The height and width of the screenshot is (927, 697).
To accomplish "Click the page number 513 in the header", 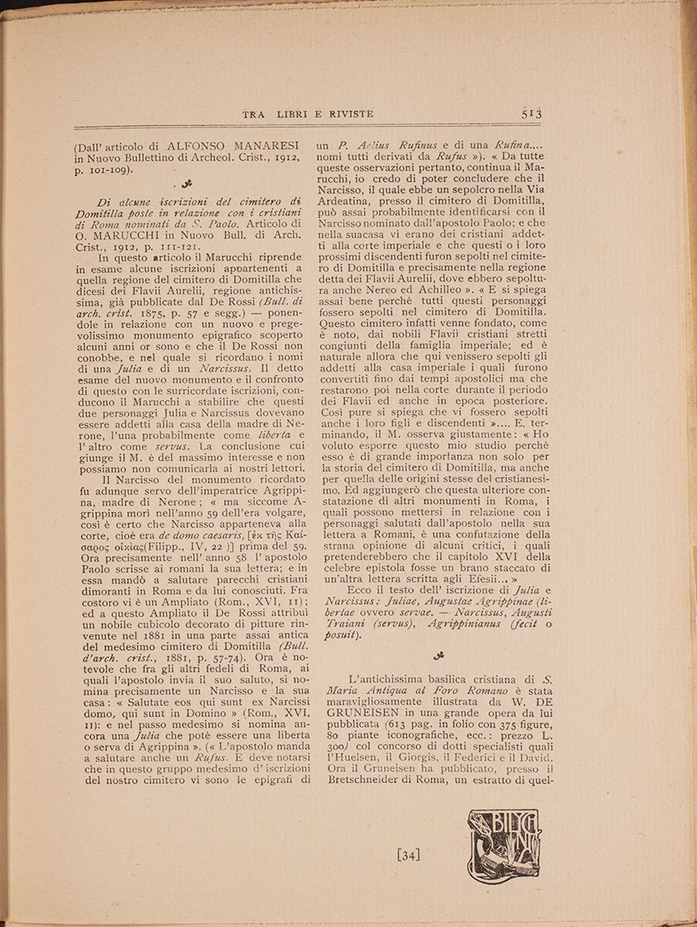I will click(x=532, y=115).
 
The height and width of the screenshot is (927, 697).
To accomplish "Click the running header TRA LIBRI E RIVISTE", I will click(x=307, y=115).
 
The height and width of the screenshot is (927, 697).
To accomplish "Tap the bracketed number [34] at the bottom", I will click(x=409, y=855).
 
